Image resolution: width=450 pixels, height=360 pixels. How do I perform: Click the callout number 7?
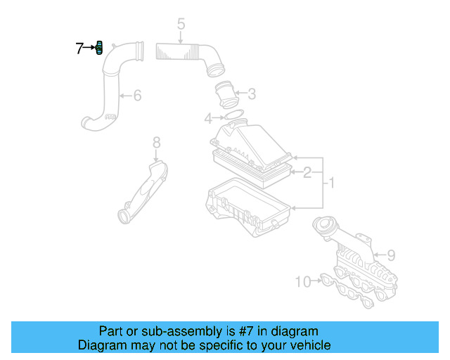pos(79,49)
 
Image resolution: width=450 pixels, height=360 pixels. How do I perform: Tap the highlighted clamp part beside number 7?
pos(99,49)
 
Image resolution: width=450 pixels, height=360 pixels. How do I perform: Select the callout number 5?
pos(181,25)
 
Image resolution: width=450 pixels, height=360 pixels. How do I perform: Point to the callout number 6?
pos(137,94)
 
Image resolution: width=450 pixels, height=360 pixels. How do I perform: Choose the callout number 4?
pos(208,117)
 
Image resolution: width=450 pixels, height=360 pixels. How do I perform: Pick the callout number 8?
pos(156,143)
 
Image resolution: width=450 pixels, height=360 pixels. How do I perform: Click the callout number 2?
pos(307,171)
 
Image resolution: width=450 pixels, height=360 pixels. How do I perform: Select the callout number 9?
pos(391,255)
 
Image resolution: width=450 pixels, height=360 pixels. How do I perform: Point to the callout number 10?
pos(302,282)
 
